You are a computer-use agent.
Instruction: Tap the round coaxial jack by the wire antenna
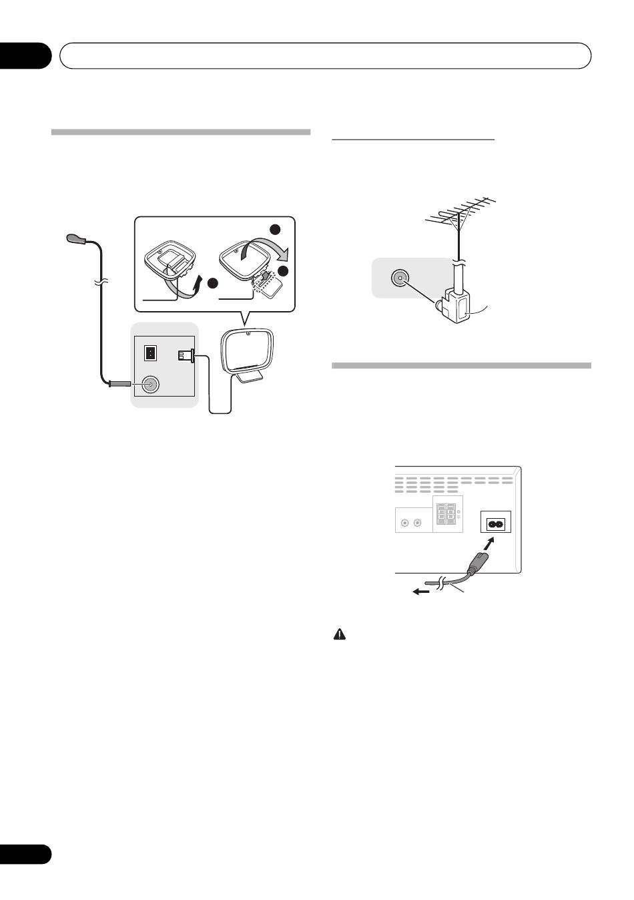coord(151,384)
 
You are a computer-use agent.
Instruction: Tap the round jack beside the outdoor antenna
coord(400,278)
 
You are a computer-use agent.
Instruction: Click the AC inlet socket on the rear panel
coord(495,524)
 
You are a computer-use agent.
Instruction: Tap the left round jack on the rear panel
coord(404,524)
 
